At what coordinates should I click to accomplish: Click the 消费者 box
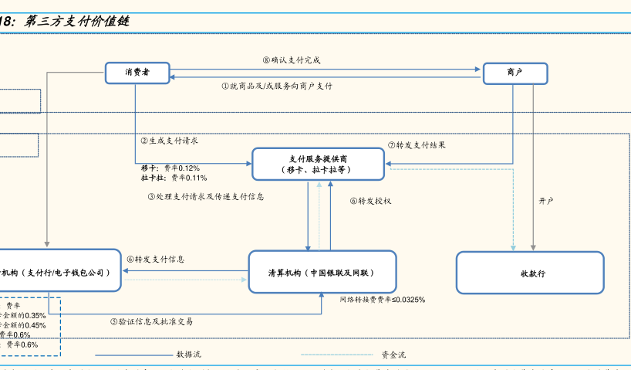[137, 73]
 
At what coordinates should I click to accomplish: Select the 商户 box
[515, 73]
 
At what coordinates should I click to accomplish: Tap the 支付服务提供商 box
[318, 164]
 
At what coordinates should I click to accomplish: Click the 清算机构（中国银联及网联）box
[322, 273]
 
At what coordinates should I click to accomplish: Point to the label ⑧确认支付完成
[291, 59]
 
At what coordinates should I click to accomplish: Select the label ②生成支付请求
[170, 141]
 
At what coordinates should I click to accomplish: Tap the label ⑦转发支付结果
[417, 145]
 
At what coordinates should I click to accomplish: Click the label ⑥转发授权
[370, 201]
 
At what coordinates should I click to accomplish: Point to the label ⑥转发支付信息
[156, 260]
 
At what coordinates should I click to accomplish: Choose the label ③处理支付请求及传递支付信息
[206, 197]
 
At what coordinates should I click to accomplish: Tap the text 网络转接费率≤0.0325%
[382, 300]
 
